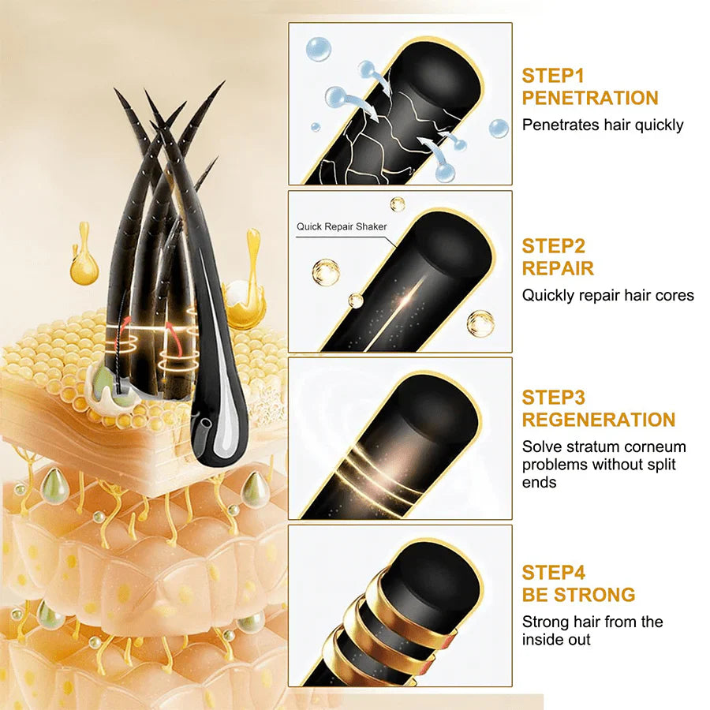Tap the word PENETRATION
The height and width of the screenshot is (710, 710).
click(589, 98)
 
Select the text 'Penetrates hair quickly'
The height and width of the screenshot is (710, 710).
click(603, 125)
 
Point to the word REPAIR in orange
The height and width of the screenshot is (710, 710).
click(558, 268)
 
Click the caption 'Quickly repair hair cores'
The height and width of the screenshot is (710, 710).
click(607, 295)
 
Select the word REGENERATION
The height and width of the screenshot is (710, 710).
click(599, 420)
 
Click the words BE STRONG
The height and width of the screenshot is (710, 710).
click(578, 595)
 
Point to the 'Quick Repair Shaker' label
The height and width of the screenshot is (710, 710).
click(342, 226)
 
